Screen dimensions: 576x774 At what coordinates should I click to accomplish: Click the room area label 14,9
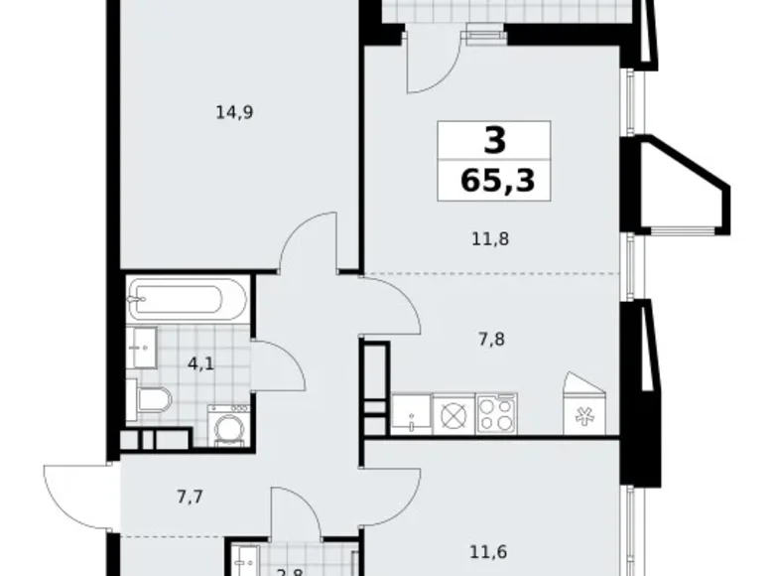(x=235, y=112)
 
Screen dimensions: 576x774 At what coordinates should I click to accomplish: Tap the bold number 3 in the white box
(x=494, y=141)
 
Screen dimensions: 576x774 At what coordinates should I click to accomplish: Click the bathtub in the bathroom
(x=188, y=299)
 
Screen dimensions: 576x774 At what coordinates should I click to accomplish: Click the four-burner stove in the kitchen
(x=496, y=413)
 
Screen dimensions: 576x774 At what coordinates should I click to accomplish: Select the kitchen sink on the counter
(x=411, y=413)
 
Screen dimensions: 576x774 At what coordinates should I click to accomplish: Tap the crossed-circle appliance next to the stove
(x=453, y=413)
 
